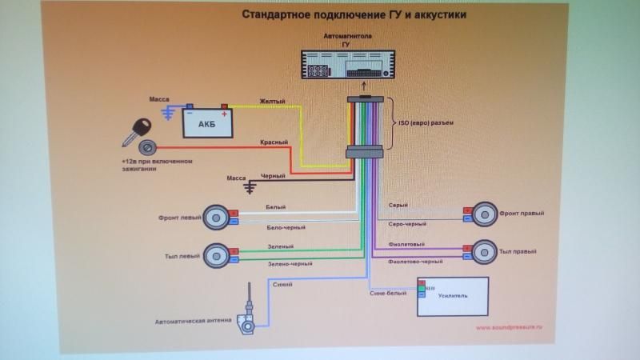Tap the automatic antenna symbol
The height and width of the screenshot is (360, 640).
(x=250, y=312)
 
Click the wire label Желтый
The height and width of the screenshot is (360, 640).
(x=272, y=101)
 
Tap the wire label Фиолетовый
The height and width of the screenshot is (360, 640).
(x=406, y=244)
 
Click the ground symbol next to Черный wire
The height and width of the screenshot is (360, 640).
(x=250, y=186)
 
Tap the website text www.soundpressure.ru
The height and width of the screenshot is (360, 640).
(x=509, y=327)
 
